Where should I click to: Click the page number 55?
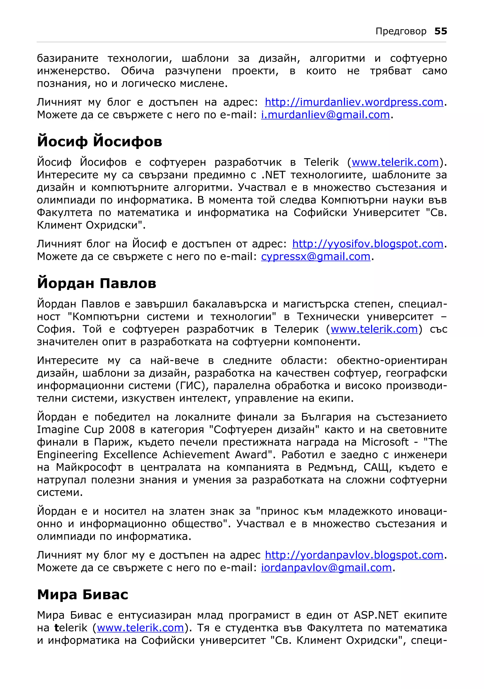coord(441,31)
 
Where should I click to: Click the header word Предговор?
coord(401,31)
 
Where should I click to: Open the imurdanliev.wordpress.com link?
coord(354,102)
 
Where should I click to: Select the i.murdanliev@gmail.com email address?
coord(325,115)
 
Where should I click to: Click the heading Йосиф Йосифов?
coord(99,142)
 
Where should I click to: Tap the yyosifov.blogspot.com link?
coord(368,244)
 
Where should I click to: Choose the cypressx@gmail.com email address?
coord(316,257)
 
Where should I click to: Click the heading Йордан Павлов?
coord(97,283)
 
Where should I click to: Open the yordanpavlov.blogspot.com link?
coord(354,555)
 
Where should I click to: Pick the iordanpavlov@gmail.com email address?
coord(327,568)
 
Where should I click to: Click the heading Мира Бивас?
coord(82,594)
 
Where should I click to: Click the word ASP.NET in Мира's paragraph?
coord(376,615)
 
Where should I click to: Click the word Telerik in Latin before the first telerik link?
coord(321,162)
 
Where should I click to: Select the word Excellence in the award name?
coord(130,455)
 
